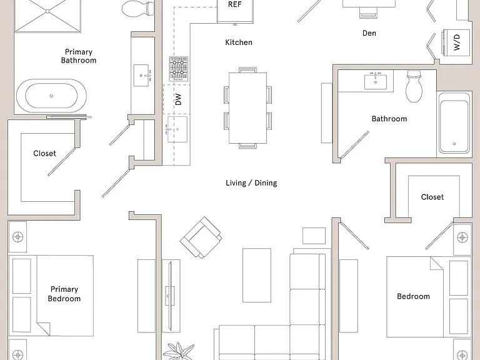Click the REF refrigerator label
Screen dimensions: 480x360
(x=235, y=4)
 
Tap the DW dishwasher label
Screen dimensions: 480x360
(x=178, y=99)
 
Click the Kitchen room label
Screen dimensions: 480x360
(x=239, y=42)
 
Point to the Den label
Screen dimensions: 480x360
(x=369, y=33)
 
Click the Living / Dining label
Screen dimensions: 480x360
(x=251, y=182)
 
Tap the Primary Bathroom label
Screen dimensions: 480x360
(x=79, y=56)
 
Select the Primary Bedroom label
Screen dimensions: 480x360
(x=64, y=294)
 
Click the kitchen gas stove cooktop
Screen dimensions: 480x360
(x=179, y=69)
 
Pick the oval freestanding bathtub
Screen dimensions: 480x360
(x=51, y=96)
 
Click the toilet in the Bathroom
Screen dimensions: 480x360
(x=414, y=86)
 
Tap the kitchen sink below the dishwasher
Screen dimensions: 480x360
(x=177, y=129)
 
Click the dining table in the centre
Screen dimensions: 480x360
(x=248, y=108)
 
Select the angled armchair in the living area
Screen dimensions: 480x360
(x=201, y=237)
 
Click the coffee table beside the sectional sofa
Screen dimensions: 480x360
(x=257, y=275)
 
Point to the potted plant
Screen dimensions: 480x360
(x=179, y=351)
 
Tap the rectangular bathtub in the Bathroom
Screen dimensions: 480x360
(x=454, y=122)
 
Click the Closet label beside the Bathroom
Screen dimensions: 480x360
(x=432, y=197)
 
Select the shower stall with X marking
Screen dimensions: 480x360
(x=47, y=16)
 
